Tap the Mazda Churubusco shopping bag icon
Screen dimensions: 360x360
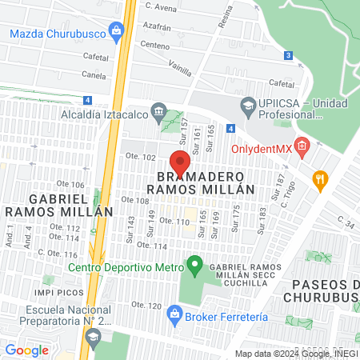117,34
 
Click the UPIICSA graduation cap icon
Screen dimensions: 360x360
248,106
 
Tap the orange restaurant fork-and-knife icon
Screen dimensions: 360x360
320,179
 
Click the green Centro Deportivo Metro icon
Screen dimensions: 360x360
193,263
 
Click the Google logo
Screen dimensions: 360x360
26,350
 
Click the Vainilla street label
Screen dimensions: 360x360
180,70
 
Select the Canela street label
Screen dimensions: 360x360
94,77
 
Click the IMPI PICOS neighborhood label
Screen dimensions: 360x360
61,279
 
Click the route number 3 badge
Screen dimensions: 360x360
287,55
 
